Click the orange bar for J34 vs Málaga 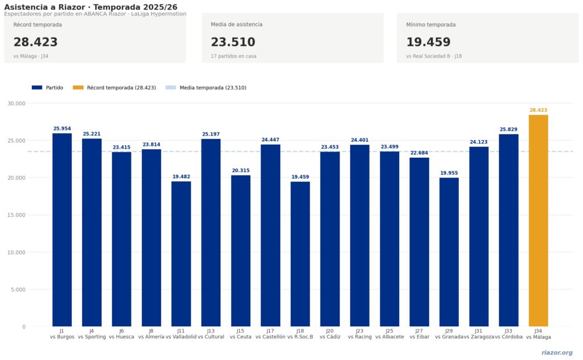(538, 220)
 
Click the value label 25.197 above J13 (211, 134)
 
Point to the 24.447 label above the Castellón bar (270, 140)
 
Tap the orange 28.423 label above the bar (538, 111)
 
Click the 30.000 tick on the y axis (17, 104)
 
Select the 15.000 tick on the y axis (17, 215)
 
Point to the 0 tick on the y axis (23, 327)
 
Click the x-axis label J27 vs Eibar (419, 334)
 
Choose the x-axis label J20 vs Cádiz (330, 334)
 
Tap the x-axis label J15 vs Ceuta (240, 334)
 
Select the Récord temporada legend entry (114, 88)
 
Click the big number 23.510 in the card (233, 42)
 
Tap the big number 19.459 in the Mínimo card (428, 42)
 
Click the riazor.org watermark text (557, 353)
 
